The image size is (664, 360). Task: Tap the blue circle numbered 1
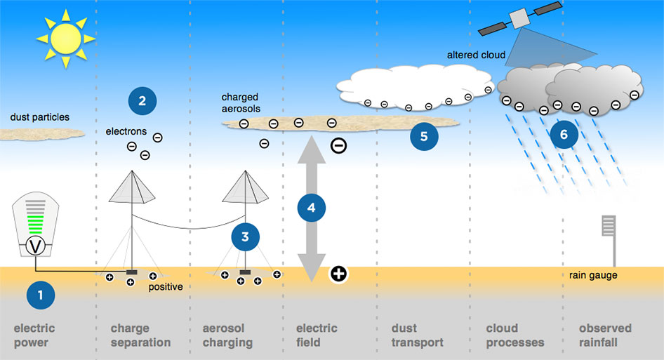40,295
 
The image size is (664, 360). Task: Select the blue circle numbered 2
142,102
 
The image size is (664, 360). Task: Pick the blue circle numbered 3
245,237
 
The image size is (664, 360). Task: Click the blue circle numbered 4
312,207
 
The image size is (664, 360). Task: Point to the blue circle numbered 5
424,136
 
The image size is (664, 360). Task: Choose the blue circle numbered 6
564,135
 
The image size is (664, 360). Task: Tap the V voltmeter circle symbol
36,246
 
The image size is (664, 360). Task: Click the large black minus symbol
338,146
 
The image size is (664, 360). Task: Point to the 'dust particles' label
40,117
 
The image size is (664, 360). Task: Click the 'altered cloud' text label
476,55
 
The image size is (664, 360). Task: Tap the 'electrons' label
126,131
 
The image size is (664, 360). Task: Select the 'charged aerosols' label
240,102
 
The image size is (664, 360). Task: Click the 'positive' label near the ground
166,287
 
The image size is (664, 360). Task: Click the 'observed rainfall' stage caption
605,335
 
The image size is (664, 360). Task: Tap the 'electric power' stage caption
34,335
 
